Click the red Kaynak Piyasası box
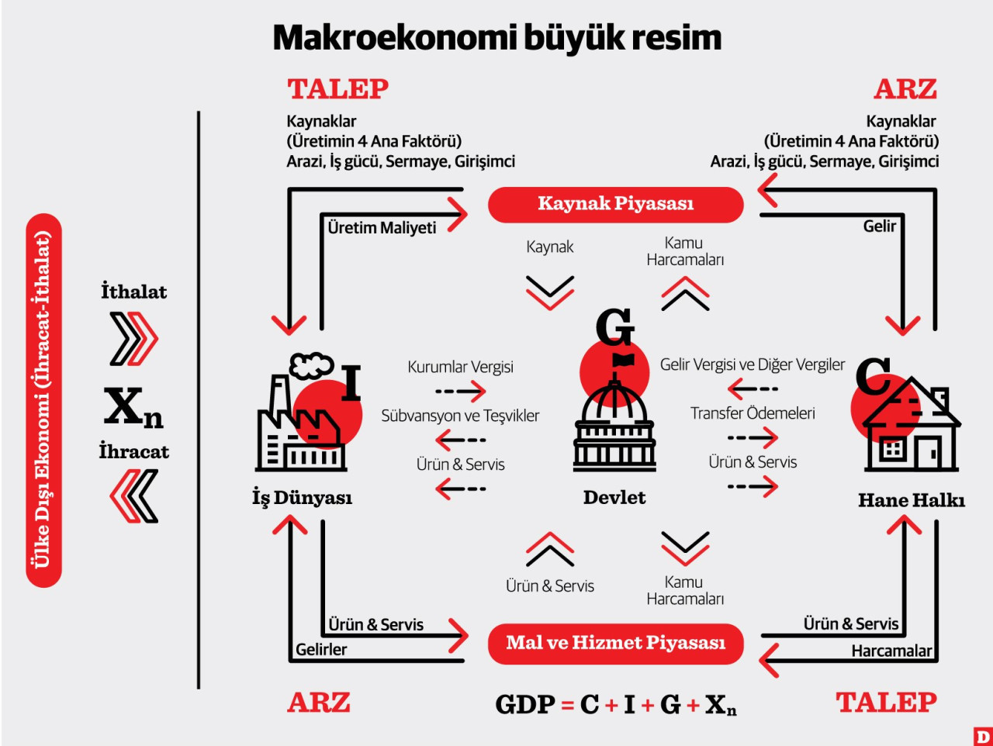pos(615,205)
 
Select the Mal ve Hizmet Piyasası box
pos(615,644)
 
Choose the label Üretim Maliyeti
pos(382,228)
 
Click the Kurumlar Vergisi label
pos(460,367)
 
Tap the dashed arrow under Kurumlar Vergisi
pos(461,391)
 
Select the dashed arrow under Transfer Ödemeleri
pos(753,437)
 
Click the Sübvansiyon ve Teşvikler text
pos(460,416)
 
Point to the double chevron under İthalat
pos(134,339)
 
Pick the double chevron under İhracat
pos(134,496)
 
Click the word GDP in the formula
pos(524,704)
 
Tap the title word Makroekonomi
pos(395,38)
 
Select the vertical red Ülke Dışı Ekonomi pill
pos(44,400)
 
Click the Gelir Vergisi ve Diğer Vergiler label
pos(753,364)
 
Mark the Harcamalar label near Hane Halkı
pos(891,651)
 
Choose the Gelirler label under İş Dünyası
pos(321,650)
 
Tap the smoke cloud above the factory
pos(311,366)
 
